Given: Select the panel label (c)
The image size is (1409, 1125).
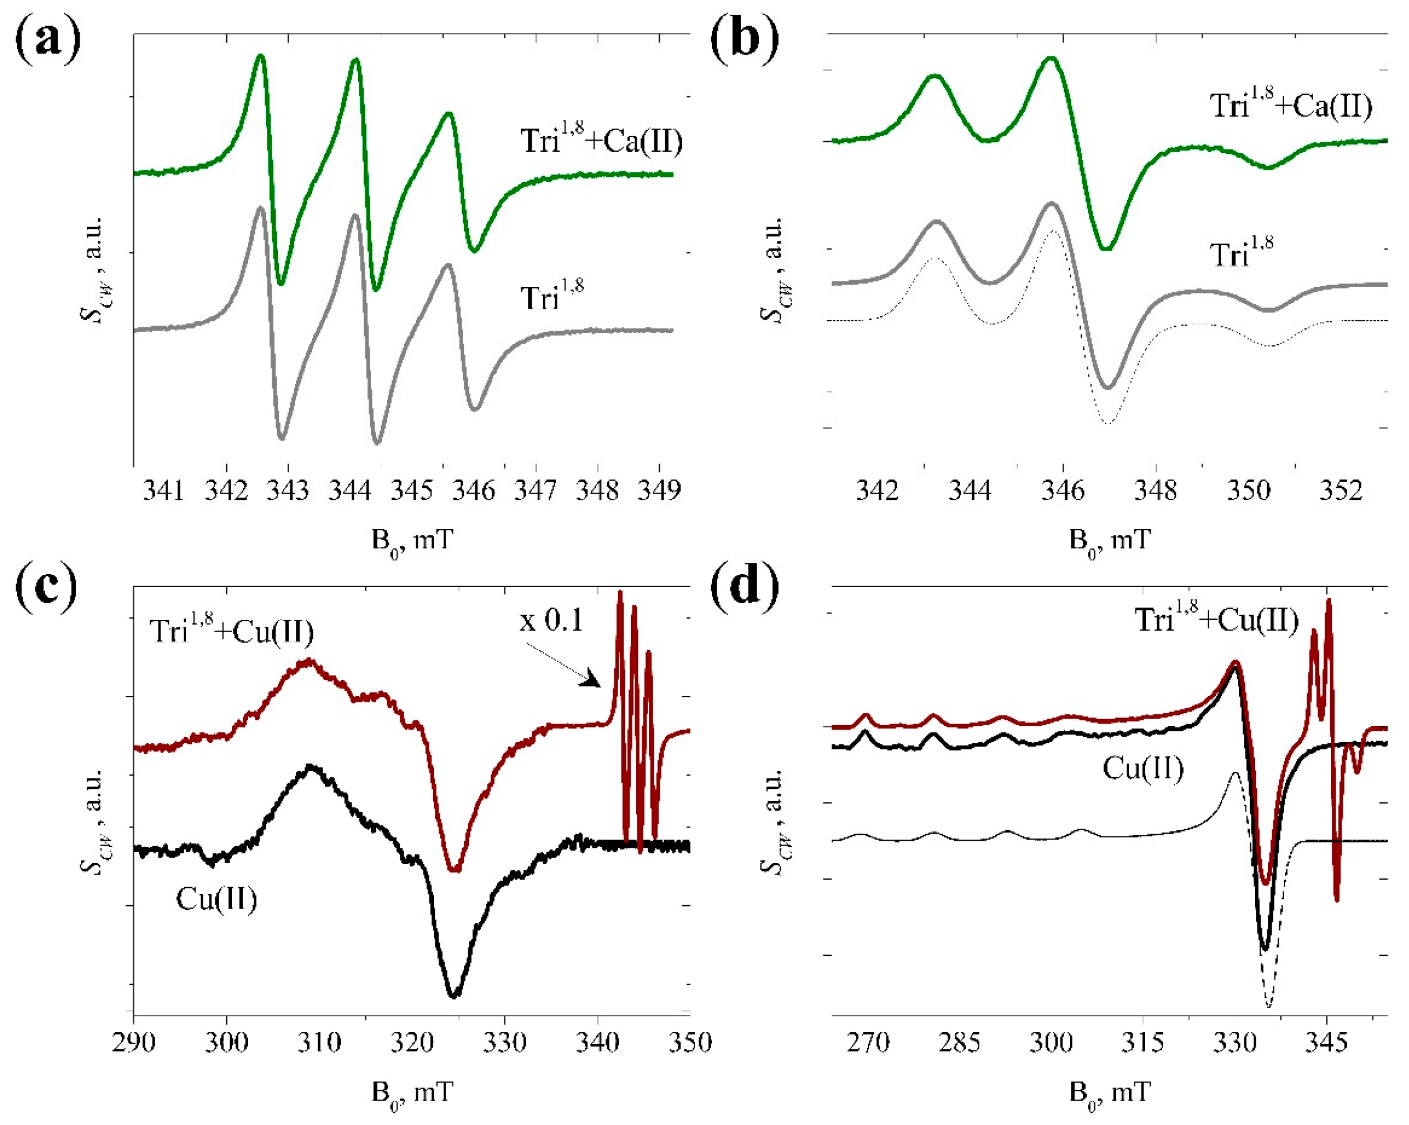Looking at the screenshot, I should point(47,586).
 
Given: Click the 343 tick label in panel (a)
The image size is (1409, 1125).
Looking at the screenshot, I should point(287,490).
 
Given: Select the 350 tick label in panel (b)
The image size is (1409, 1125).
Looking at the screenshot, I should point(1248,490).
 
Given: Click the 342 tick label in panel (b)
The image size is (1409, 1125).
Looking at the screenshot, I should point(877,490).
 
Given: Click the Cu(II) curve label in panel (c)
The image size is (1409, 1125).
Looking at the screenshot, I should point(216,899).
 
